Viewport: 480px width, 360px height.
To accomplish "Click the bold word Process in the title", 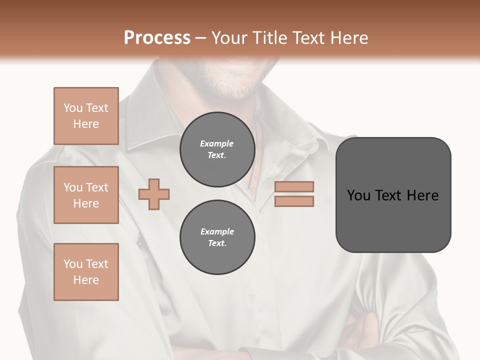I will pos(157,37).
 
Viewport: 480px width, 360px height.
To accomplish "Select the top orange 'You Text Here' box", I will pos(86,116).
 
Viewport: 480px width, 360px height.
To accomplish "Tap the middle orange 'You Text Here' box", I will pos(86,195).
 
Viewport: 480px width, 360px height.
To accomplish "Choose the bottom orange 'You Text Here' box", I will pos(86,272).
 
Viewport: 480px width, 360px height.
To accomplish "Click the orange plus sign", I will pos(154,193).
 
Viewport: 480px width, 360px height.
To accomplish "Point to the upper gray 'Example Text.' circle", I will pos(217,149).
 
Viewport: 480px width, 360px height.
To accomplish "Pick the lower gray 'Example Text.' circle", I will pos(217,237).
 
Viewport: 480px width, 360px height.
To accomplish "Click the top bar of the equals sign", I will pos(294,186).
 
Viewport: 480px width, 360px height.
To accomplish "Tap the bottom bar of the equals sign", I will pos(294,201).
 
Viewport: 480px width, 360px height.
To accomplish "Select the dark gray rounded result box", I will pos(393,194).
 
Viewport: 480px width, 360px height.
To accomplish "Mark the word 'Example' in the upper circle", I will pos(216,143).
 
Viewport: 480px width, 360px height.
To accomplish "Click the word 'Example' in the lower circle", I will pos(217,231).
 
